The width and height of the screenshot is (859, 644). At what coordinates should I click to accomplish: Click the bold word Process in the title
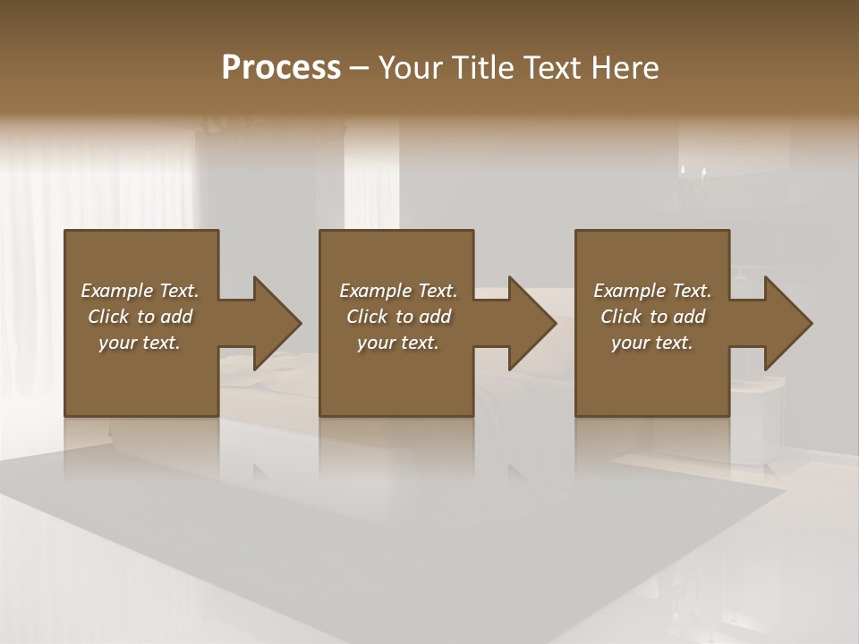(281, 68)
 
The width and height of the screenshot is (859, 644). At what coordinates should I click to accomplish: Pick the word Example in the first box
(118, 291)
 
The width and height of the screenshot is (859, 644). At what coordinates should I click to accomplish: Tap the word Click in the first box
(108, 317)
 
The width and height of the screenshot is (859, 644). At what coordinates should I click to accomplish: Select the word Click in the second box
(367, 317)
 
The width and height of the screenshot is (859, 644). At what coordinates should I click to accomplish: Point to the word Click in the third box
(621, 317)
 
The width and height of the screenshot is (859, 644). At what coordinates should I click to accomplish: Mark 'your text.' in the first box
(140, 343)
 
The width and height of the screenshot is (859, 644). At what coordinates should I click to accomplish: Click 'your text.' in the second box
(398, 343)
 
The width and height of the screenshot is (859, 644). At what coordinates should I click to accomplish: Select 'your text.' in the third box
(652, 343)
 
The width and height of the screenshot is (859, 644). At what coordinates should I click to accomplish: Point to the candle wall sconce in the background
(692, 175)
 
